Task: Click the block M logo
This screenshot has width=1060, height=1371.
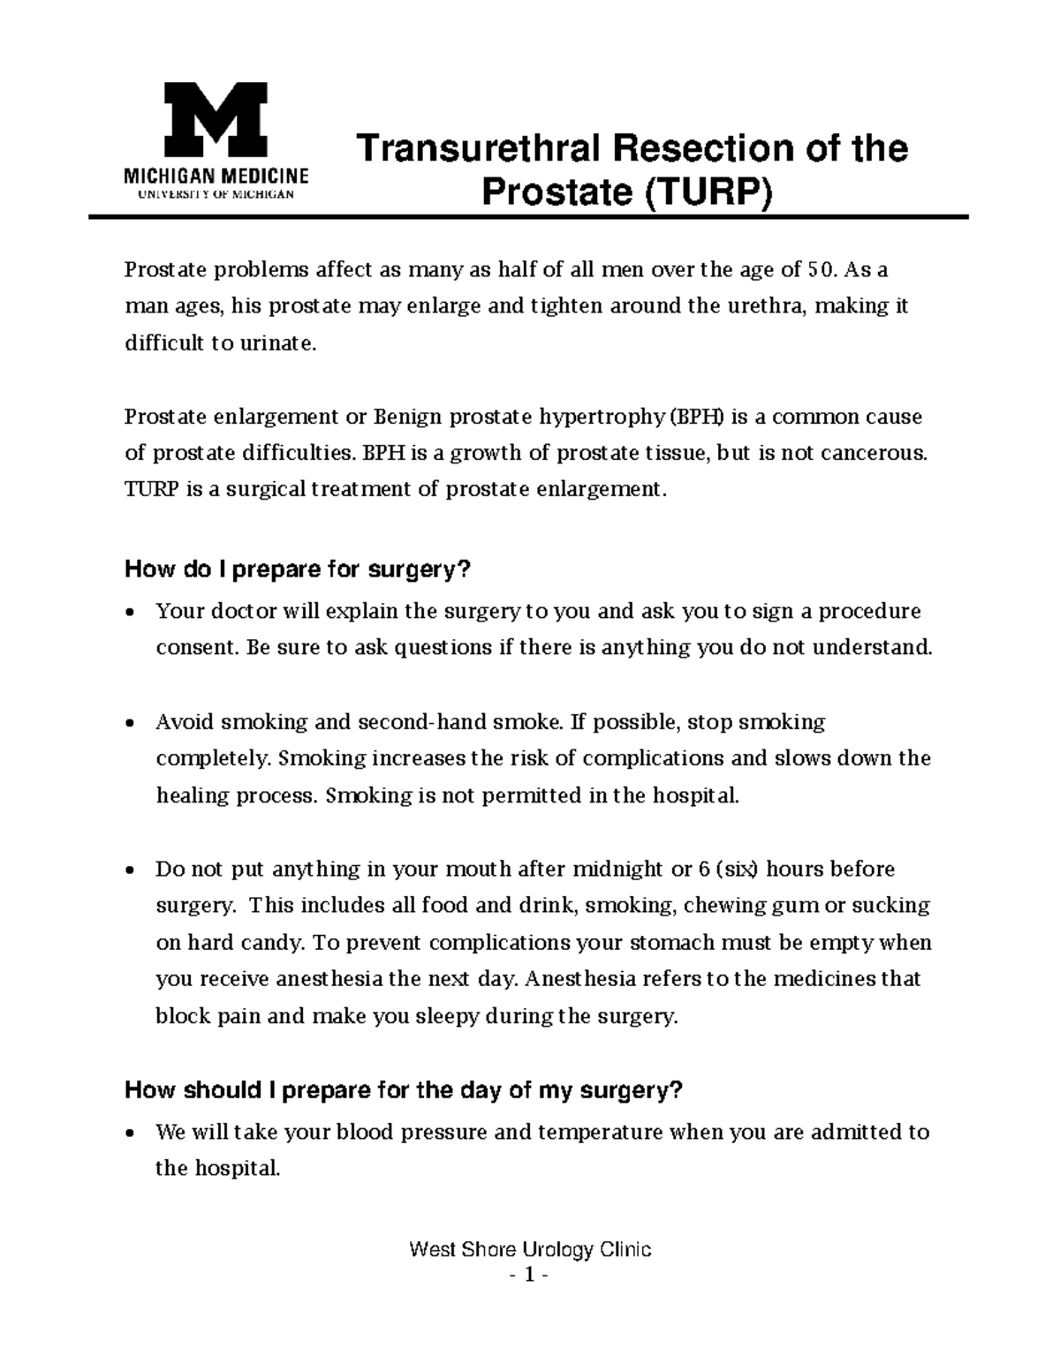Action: [216, 119]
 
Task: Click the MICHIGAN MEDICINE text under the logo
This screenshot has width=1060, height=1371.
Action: [216, 176]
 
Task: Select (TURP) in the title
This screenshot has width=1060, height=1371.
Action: [707, 193]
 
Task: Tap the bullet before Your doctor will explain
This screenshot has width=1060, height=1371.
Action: [131, 612]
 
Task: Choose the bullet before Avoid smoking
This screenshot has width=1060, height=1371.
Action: [131, 723]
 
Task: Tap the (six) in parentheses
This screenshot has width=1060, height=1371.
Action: [737, 870]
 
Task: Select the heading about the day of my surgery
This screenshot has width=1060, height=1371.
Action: [404, 1090]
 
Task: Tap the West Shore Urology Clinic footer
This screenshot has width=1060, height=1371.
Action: [530, 1250]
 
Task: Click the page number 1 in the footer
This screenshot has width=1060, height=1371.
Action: [530, 1276]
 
